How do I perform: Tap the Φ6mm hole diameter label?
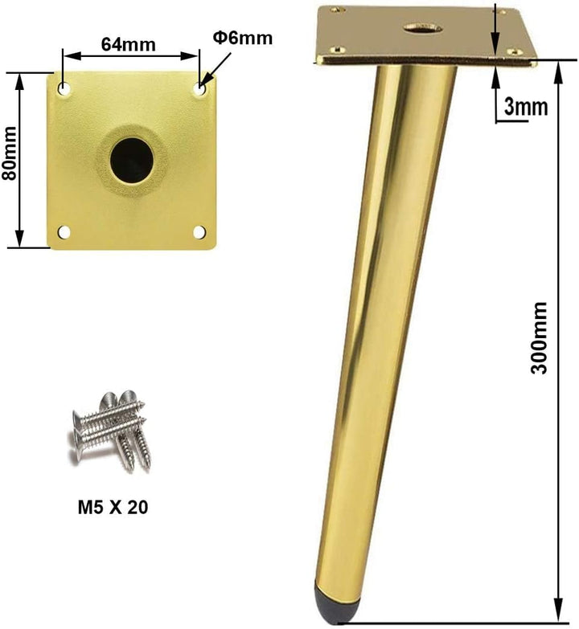[242, 38]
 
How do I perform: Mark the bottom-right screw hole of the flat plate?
[199, 232]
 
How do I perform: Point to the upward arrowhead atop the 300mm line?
[556, 69]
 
